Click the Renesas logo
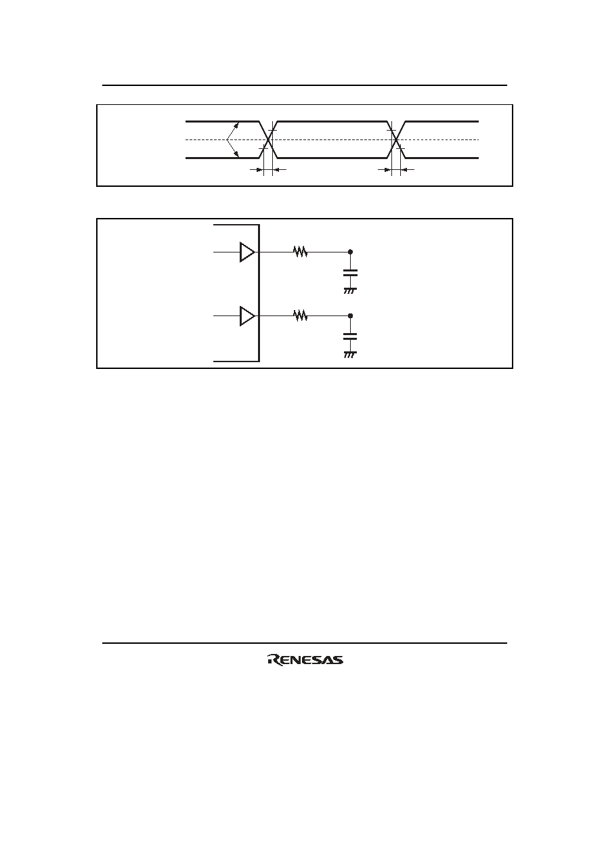click(x=305, y=659)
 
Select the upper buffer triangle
click(x=247, y=252)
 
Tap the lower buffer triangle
click(x=247, y=316)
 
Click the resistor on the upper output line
click(x=300, y=252)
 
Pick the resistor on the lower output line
click(x=300, y=316)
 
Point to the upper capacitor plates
click(x=350, y=273)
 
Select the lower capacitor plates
click(x=350, y=336)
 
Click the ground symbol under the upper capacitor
click(x=350, y=291)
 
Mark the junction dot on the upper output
click(x=351, y=252)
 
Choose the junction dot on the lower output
click(x=351, y=316)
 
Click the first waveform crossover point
click(x=268, y=139)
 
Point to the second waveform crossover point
click(x=396, y=139)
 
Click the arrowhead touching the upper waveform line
click(x=236, y=125)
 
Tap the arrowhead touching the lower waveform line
click(x=236, y=154)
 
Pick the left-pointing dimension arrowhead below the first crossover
click(x=276, y=169)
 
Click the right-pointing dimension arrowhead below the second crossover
click(x=388, y=169)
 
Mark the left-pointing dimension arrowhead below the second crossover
click(x=404, y=169)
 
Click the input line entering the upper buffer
click(x=227, y=252)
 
